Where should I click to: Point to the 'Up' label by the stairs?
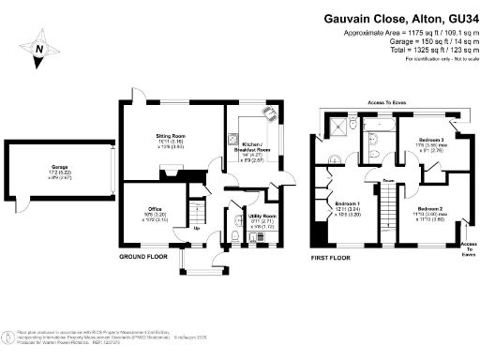click(x=196, y=227)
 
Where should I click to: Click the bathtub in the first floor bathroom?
click(x=380, y=123)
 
